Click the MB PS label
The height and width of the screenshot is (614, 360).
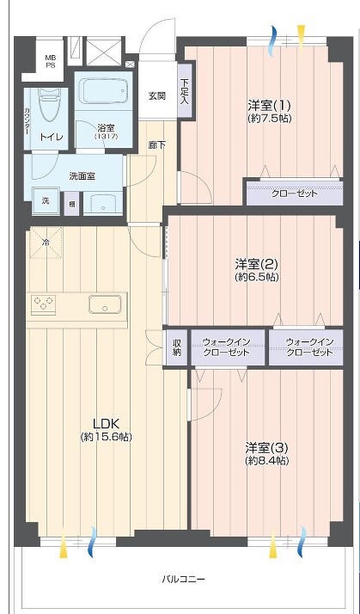pos(50,62)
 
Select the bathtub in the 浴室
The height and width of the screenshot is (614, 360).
pos(104,90)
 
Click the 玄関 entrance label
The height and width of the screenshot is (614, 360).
pos(156,96)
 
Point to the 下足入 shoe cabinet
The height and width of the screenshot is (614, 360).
pos(185,92)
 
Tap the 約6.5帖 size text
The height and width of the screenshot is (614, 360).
pos(257,277)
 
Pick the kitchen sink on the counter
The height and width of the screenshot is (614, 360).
pos(105,304)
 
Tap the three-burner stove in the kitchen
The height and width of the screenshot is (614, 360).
pos(43,304)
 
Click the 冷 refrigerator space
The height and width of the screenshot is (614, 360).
pos(46,243)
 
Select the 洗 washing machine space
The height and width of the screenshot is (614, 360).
pos(46,201)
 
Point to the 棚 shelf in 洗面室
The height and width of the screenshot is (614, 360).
pos(71,204)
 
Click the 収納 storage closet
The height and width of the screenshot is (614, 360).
pos(177,347)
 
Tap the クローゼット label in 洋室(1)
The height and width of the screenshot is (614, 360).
pos(295,193)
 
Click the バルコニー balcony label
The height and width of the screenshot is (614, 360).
pos(183,579)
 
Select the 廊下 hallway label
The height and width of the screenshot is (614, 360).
pos(157,144)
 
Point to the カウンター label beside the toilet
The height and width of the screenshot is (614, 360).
pos(27,120)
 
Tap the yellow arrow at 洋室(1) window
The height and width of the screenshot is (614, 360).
pos(301,36)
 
